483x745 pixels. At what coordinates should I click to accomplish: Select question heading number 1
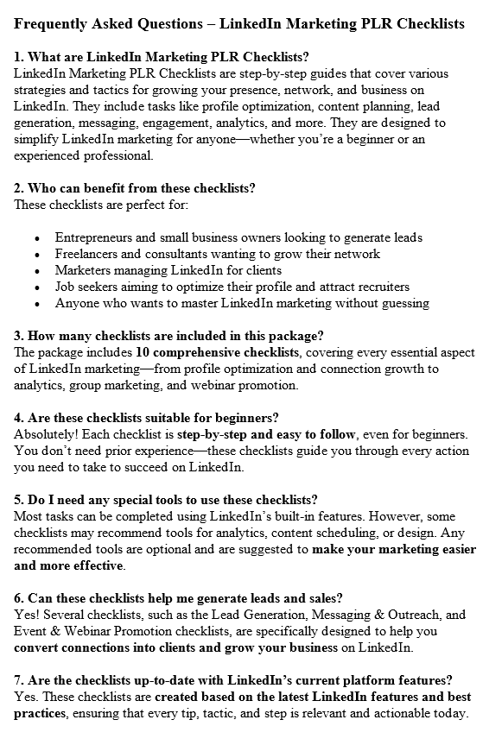tap(162, 58)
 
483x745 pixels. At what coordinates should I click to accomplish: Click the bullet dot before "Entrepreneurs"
tap(36, 237)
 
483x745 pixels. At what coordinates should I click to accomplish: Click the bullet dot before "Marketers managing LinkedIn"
tap(36, 270)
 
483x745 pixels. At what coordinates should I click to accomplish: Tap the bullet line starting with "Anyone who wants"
tap(242, 303)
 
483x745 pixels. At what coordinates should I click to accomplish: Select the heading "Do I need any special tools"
tap(166, 500)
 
